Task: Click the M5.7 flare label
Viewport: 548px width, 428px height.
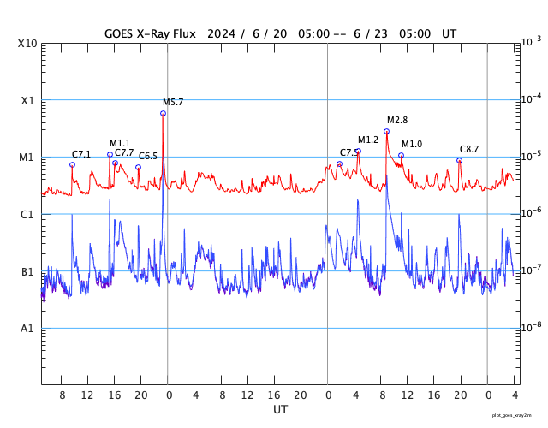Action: point(173,103)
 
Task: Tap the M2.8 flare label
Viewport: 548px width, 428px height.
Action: point(397,121)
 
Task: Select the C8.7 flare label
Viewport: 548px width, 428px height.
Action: point(469,150)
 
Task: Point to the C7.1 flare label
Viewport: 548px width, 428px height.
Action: point(81,155)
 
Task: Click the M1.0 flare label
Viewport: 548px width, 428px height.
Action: point(412,145)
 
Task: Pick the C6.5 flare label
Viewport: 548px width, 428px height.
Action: point(148,157)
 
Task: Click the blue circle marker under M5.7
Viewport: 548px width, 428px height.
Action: point(163,113)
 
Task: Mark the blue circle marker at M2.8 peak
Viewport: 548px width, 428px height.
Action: point(386,131)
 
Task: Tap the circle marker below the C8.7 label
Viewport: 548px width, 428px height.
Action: point(459,160)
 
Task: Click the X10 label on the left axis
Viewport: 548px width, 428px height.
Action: point(28,44)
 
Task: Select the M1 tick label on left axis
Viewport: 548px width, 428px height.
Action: point(28,158)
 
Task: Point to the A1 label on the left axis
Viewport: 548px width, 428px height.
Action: point(28,329)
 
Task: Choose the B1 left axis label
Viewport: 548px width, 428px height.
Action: point(28,272)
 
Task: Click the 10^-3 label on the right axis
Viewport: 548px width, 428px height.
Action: point(531,41)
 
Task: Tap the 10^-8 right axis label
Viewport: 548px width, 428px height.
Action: point(531,326)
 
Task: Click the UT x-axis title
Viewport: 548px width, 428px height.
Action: point(281,410)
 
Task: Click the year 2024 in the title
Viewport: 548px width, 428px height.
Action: point(223,33)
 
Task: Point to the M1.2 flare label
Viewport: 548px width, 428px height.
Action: point(368,140)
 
